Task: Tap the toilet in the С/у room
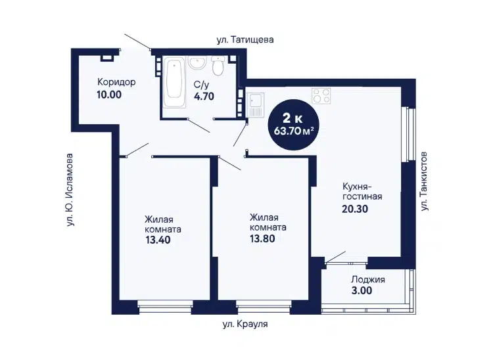pyautogui.click(x=217, y=66)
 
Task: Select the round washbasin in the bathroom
pyautogui.click(x=197, y=62)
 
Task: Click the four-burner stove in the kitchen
pyautogui.click(x=321, y=96)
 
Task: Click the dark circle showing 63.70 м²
pyautogui.click(x=293, y=125)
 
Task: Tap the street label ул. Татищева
pyautogui.click(x=245, y=40)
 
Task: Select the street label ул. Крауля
pyautogui.click(x=245, y=324)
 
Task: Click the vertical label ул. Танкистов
pyautogui.click(x=425, y=181)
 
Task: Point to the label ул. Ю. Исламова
pyautogui.click(x=70, y=190)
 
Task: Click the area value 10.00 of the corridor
pyautogui.click(x=109, y=95)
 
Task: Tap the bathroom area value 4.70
pyautogui.click(x=204, y=96)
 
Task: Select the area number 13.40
pyautogui.click(x=158, y=240)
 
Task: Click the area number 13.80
pyautogui.click(x=262, y=239)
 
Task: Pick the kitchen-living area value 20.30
pyautogui.click(x=355, y=209)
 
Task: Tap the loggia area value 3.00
pyautogui.click(x=362, y=290)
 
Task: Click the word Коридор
pyautogui.click(x=116, y=82)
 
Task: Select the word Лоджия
pyautogui.click(x=368, y=280)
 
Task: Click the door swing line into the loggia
pyautogui.click(x=336, y=257)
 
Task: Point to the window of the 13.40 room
pyautogui.click(x=165, y=307)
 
